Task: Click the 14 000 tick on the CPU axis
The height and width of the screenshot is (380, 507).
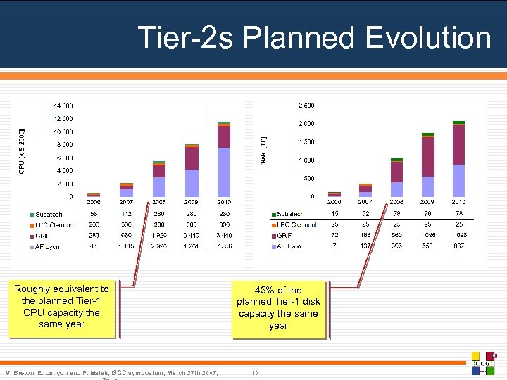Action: (63, 106)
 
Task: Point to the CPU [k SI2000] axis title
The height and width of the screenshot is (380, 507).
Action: (22, 151)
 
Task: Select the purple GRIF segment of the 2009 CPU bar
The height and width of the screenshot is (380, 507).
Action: (192, 158)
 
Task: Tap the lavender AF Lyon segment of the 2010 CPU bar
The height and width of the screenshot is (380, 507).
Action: (224, 172)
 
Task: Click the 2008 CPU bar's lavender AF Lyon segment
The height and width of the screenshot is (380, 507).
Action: (159, 186)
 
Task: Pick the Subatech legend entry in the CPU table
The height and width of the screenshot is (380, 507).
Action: (49, 214)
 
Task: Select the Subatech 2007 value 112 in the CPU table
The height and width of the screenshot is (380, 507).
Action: (126, 214)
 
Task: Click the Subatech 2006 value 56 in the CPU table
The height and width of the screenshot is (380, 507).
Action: (94, 214)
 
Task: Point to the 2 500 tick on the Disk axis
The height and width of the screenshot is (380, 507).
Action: (306, 106)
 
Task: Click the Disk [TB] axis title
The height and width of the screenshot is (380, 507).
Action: (263, 151)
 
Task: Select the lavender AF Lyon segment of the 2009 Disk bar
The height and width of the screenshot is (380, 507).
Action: (427, 186)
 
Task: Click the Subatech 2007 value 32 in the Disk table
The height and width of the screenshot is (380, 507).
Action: (365, 214)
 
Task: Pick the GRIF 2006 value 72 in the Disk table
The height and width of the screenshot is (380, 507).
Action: (334, 236)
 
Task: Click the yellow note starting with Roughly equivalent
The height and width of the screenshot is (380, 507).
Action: (62, 307)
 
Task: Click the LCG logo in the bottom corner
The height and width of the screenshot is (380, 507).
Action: (484, 361)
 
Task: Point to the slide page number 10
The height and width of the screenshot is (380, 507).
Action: (255, 373)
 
